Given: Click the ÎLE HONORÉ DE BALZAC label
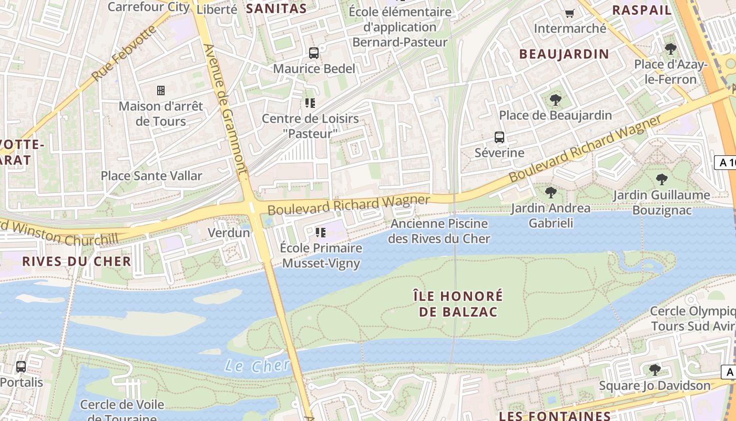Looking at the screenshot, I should point(458,304).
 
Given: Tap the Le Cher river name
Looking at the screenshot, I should point(257,365).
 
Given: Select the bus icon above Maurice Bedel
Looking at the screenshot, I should point(314,53).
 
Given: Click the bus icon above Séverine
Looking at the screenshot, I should point(499,137).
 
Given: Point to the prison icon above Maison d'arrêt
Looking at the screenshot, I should point(161,91).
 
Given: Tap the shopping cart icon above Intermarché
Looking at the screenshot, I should point(569,13).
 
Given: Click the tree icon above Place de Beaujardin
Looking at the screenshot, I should point(555,99).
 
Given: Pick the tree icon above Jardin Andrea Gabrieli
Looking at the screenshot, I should point(550,193).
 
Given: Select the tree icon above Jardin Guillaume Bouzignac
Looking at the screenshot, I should point(662,179).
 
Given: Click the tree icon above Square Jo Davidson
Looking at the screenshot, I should point(655,370).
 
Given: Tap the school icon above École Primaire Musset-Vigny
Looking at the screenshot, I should point(321,232).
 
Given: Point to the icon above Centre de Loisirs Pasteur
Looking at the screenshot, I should point(310,103).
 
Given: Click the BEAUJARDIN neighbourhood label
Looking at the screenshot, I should point(564,54).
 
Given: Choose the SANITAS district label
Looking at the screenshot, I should point(277,8).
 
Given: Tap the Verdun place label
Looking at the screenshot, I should point(229,233).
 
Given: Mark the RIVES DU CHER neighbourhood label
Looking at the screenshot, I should point(76,262).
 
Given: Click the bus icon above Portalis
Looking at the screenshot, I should point(21,366).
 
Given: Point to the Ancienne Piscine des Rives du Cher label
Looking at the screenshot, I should point(439,231).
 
